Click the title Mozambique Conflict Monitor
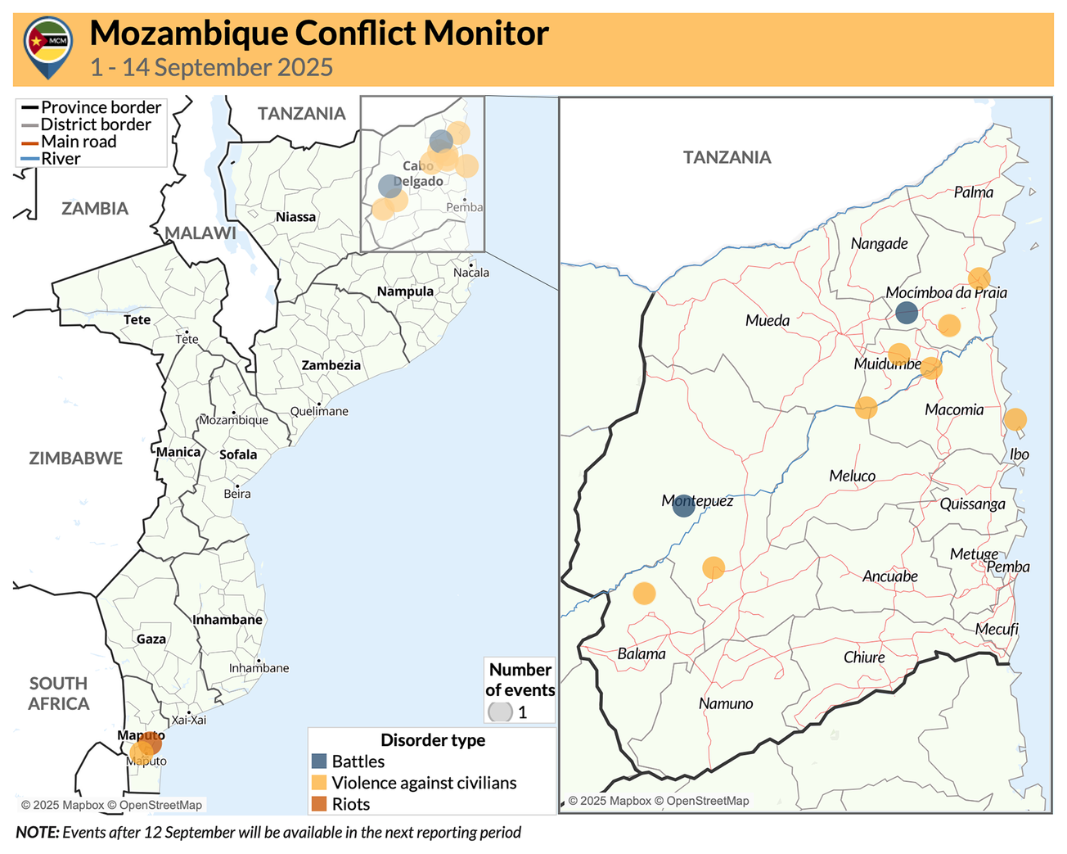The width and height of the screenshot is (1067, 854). (318, 34)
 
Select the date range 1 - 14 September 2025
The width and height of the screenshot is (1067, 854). (211, 67)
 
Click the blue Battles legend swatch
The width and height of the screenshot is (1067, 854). (319, 761)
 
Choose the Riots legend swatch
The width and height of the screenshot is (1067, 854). (319, 804)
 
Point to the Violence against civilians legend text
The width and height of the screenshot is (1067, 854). (424, 783)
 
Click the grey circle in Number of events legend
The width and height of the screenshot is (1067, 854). (500, 712)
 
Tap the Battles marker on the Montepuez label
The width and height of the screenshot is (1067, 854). (683, 505)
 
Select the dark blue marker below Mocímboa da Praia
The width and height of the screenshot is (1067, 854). (906, 312)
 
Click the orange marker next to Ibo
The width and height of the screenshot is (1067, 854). (1015, 419)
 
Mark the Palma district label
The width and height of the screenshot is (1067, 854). (973, 192)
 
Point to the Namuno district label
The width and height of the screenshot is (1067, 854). (726, 703)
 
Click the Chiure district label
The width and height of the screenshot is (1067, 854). (864, 657)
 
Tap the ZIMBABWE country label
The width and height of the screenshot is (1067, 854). (76, 459)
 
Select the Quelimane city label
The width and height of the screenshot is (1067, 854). (319, 411)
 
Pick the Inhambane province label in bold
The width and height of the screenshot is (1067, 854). (227, 620)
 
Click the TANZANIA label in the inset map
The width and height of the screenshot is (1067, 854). (727, 157)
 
